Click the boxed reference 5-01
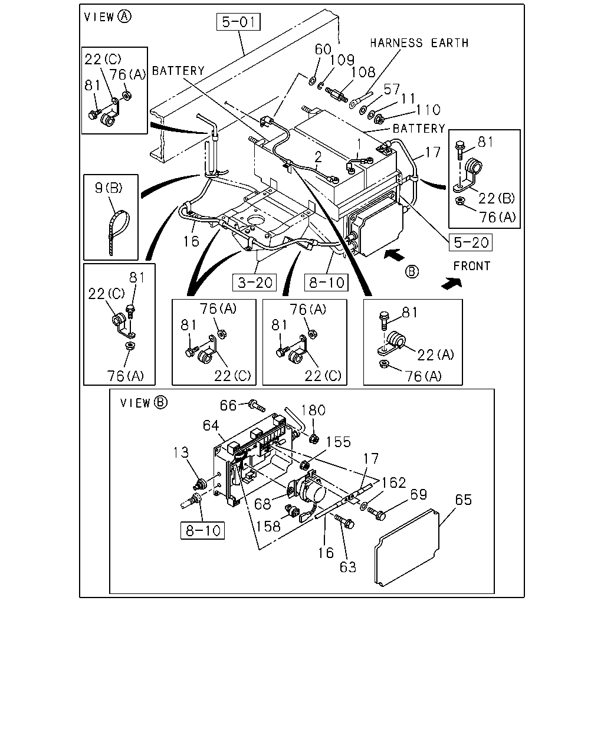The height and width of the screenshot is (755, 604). tap(238, 22)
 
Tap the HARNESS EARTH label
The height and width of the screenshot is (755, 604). tap(419, 43)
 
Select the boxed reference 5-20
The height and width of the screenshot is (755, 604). tap(471, 242)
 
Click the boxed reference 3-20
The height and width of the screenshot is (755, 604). tap(254, 283)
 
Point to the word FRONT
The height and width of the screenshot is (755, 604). tap(472, 266)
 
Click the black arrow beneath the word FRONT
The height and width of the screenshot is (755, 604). tap(452, 284)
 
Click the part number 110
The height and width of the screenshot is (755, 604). tap(428, 110)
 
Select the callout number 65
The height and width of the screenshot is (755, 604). tap(463, 500)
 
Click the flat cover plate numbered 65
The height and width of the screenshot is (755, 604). tap(407, 547)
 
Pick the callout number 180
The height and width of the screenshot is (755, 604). tap(313, 410)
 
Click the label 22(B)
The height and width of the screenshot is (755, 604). tap(497, 199)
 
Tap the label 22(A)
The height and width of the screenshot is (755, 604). tap(435, 354)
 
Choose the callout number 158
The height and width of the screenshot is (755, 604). tap(268, 526)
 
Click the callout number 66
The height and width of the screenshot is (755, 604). tap(228, 405)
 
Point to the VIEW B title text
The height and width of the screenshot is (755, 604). tap(143, 403)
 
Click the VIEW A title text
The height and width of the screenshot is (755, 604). tap(108, 17)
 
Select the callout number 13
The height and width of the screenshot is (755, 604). tap(181, 452)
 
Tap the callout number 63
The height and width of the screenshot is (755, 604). tap(348, 567)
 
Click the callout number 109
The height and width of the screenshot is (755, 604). tap(342, 60)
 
